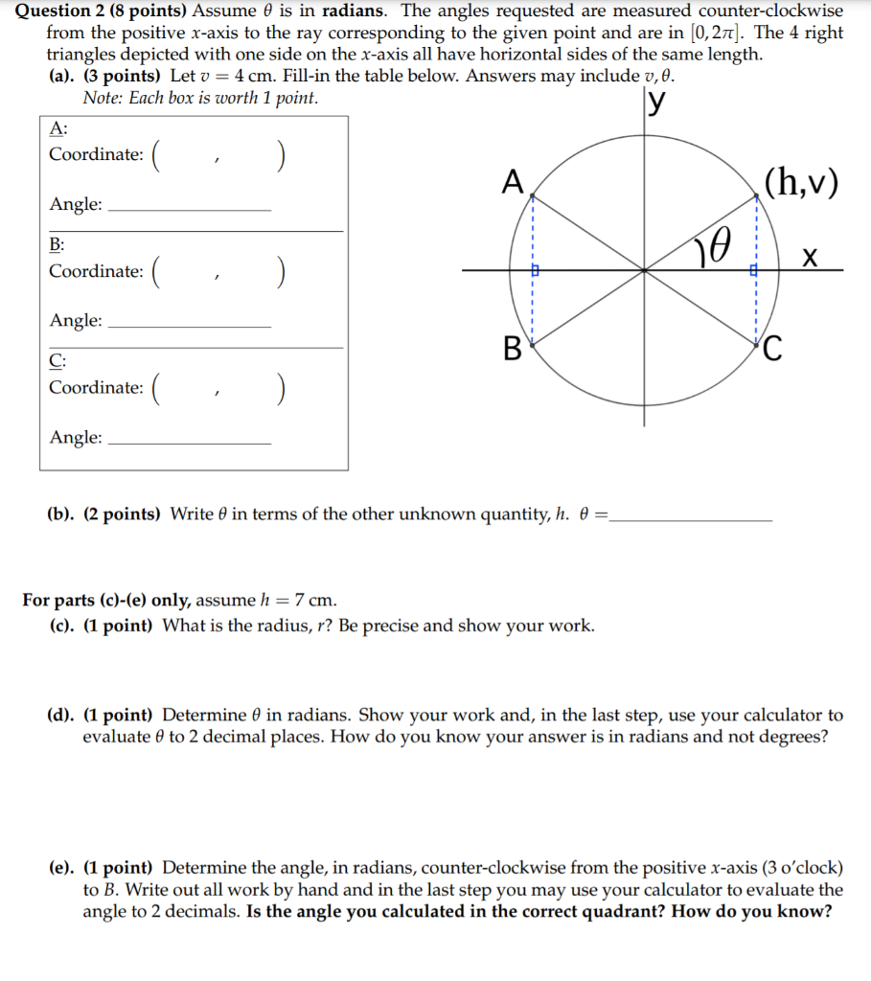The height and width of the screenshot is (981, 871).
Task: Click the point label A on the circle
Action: point(513,180)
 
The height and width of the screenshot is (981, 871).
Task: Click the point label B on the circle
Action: point(513,346)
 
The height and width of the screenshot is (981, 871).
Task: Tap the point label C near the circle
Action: point(774,350)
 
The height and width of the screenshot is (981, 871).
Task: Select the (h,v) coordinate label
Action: point(801,182)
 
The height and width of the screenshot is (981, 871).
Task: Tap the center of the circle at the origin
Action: point(644,271)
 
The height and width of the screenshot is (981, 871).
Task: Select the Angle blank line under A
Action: point(191,210)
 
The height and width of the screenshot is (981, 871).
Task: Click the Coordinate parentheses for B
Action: point(219,272)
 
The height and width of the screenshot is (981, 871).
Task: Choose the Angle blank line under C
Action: point(191,443)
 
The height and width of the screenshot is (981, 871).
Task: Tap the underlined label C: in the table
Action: point(57,360)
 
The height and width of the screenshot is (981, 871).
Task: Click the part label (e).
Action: point(63,868)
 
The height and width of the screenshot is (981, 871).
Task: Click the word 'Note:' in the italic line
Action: point(103,98)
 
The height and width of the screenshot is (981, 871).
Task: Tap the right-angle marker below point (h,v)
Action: point(753,272)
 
